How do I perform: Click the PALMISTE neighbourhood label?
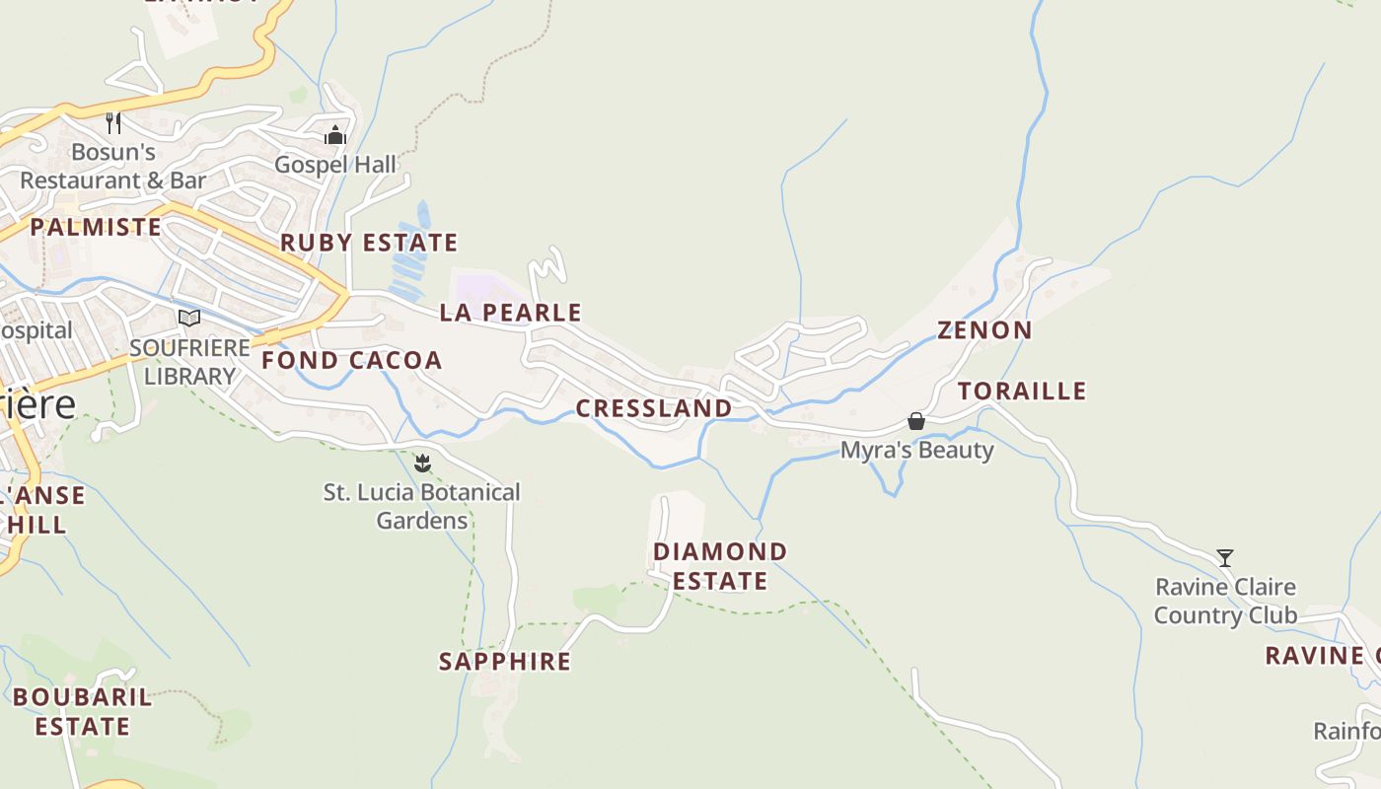point(96,228)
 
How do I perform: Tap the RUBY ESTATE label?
point(369,243)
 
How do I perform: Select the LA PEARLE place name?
point(511,313)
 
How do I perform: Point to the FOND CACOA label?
point(351,361)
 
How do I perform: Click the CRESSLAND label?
point(654,408)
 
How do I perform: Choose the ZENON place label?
point(984,330)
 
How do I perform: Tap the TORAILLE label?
point(1022,392)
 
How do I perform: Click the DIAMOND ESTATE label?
point(720,566)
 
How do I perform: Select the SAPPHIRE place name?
point(505,662)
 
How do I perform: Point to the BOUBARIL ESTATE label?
point(83,712)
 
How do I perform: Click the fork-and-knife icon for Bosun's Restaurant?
point(113,123)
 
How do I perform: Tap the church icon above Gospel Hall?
point(335,135)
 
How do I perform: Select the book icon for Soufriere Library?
point(189,319)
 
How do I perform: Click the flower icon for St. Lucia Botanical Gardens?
point(422,463)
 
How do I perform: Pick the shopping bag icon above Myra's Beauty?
point(916,422)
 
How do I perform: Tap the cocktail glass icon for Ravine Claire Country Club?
point(1225,558)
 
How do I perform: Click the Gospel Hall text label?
point(335,165)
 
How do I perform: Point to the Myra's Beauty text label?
point(916,451)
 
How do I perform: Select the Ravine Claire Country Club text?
point(1225,602)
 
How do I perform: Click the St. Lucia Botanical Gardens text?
point(422,506)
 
